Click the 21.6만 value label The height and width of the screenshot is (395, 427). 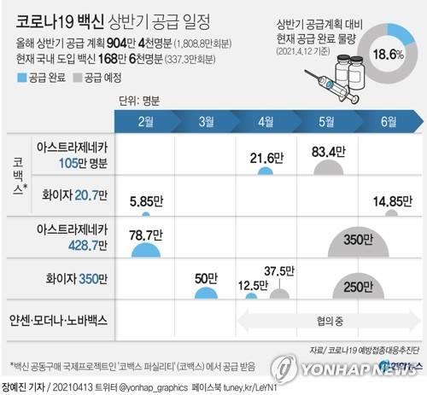pos(267,157)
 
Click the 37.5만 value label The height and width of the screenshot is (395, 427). pos(279,271)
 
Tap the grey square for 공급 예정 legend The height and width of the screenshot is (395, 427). pos(81,77)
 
